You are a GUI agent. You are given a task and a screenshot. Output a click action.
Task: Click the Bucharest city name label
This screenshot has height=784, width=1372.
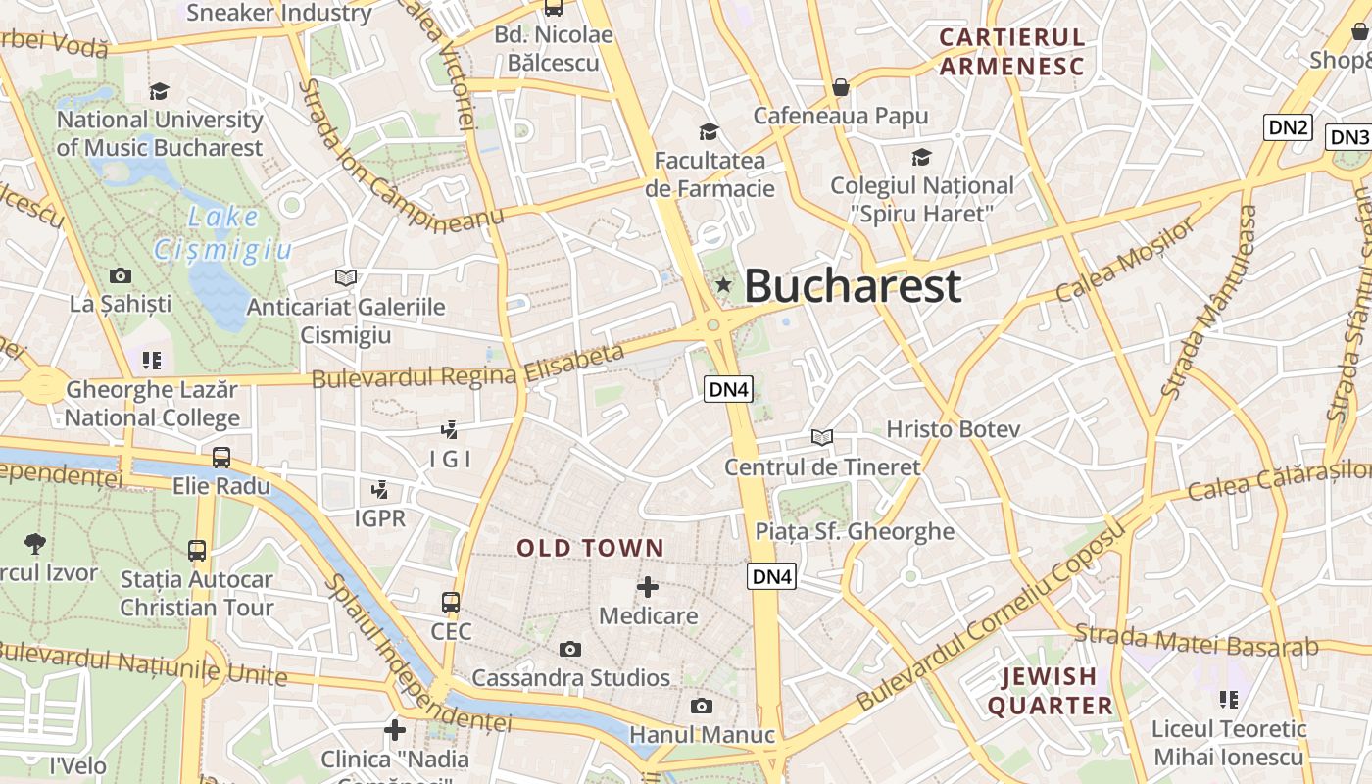[853, 286]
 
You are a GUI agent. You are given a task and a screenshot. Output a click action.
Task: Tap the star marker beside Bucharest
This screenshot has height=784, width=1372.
[724, 285]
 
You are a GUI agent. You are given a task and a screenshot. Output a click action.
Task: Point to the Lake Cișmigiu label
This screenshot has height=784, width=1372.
[223, 234]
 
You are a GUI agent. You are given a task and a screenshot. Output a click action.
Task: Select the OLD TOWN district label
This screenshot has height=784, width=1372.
[591, 548]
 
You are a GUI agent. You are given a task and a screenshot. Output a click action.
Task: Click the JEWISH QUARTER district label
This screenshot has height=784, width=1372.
[1050, 691]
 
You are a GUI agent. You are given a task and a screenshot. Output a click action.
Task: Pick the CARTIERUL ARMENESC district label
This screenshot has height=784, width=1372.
[1012, 52]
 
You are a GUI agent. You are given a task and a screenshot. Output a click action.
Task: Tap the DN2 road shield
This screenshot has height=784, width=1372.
[1289, 126]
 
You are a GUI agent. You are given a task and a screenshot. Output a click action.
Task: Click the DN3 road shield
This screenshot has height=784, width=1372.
[1349, 137]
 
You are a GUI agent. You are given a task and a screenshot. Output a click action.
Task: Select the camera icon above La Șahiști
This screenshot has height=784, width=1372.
[121, 275]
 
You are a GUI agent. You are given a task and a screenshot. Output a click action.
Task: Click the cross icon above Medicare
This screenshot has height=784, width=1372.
[648, 587]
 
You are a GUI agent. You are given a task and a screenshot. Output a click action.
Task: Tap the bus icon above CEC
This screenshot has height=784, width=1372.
[451, 602]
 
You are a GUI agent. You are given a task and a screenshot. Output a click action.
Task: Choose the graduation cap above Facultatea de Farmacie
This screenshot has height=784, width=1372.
[708, 131]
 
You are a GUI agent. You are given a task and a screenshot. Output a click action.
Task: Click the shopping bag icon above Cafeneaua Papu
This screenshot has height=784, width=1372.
[840, 87]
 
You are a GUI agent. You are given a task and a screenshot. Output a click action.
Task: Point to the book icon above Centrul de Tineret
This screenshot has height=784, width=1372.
[822, 437]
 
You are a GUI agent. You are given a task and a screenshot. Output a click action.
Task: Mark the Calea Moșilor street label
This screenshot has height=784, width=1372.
[1127, 260]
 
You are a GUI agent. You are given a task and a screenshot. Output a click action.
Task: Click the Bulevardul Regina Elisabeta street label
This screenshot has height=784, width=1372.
[468, 366]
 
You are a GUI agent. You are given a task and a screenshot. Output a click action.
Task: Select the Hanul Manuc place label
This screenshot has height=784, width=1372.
[702, 734]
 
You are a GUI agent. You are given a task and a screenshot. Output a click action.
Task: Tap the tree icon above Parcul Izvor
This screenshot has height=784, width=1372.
[35, 542]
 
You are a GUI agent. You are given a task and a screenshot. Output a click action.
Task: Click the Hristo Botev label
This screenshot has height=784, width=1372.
[954, 429]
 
